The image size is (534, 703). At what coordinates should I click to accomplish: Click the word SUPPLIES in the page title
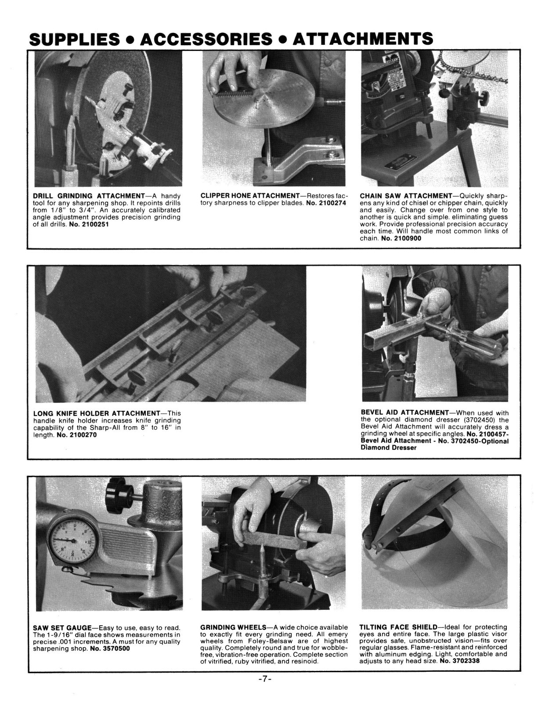coord(73,40)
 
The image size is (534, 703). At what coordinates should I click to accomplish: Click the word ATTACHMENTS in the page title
coord(362,40)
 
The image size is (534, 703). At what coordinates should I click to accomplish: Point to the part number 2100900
coord(401,238)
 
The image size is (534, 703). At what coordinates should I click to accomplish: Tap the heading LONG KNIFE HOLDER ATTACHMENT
coord(96,413)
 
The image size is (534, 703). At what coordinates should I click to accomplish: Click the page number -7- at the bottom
coord(266,679)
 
